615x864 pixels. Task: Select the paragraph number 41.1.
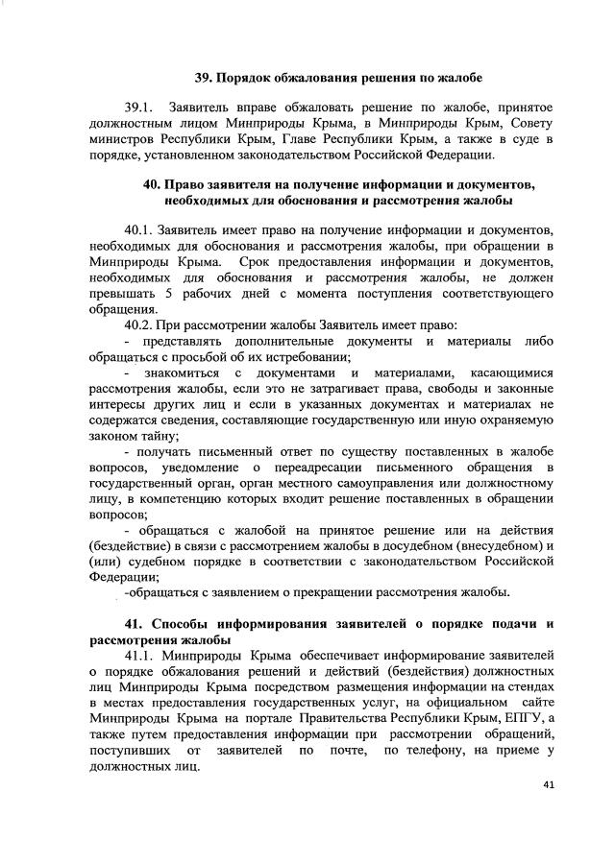142,655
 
